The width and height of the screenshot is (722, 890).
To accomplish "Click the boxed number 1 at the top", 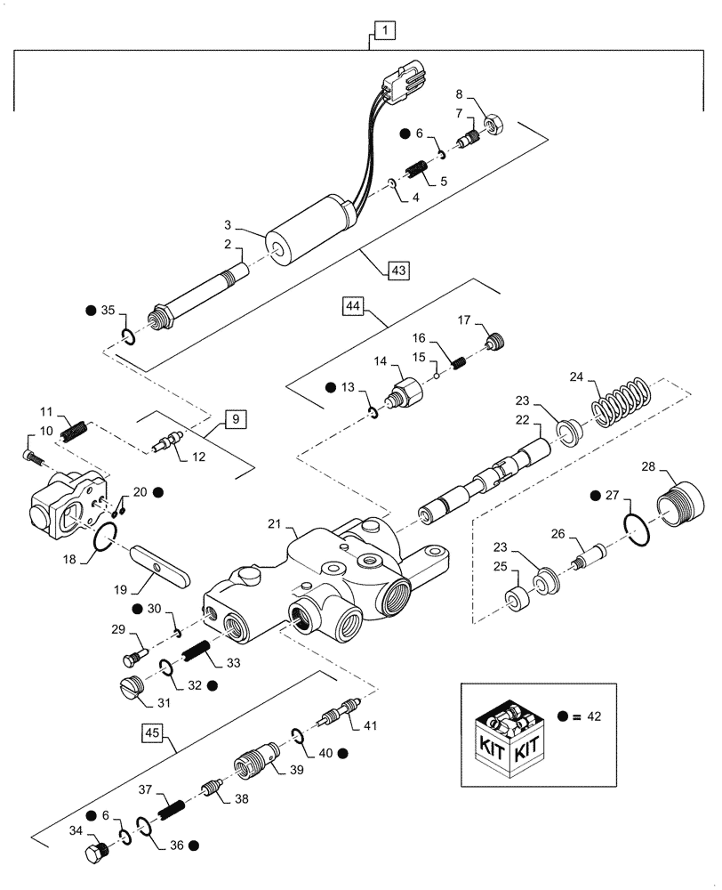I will click(x=383, y=33).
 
